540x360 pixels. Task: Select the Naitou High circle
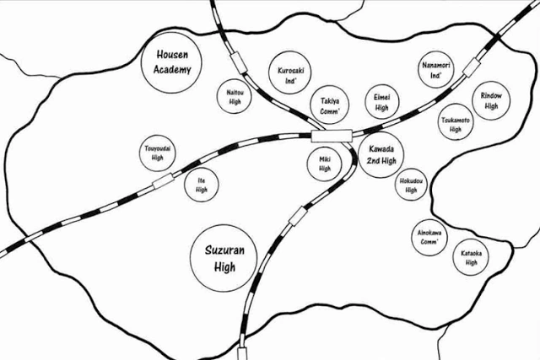pos(235,99)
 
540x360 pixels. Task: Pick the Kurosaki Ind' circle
pos(291,77)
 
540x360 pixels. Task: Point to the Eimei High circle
pos(381,103)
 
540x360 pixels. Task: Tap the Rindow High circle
pos(491,101)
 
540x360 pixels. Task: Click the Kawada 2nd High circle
pos(381,155)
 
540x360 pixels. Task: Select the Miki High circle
pos(325,164)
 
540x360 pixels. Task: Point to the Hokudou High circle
pos(411,185)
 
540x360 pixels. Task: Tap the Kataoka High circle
pos(471,258)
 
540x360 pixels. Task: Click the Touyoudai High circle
pos(157,153)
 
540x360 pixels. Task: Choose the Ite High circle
pos(202,185)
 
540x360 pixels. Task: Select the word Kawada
pos(381,149)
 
